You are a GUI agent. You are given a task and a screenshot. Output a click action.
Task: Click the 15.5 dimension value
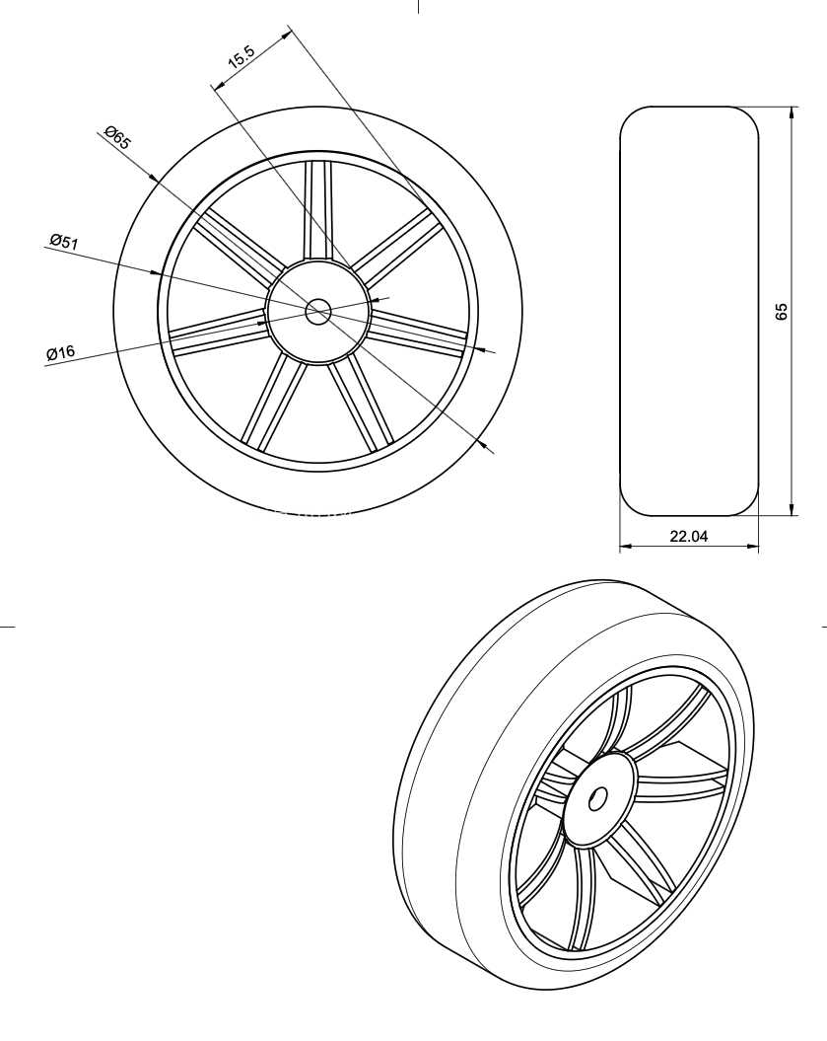point(241,57)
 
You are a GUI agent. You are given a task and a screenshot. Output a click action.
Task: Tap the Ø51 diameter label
point(64,241)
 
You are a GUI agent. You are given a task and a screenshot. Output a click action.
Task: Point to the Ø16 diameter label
point(60,352)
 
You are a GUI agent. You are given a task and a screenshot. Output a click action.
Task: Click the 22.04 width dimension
point(688,536)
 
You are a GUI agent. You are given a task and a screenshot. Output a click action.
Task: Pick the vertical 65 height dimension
point(782,312)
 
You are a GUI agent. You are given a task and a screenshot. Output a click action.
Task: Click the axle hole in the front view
point(318,312)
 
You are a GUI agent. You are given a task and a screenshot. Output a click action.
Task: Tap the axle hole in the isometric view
point(597,798)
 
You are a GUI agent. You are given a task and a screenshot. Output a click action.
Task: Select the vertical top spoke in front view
point(317,209)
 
